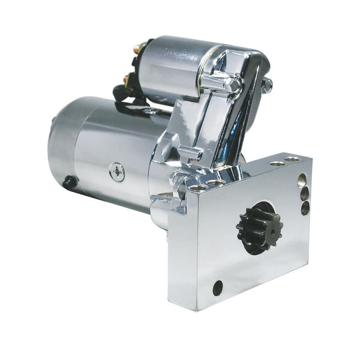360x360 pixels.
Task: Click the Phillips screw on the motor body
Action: [x=116, y=172]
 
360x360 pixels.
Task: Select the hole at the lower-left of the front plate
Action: [x=217, y=287]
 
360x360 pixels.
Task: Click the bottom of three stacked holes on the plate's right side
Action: [x=305, y=209]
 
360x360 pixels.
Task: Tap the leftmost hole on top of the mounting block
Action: [x=195, y=188]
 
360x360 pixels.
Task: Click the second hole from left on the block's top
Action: [x=217, y=181]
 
